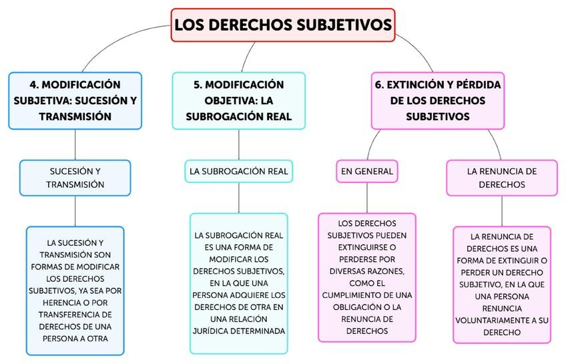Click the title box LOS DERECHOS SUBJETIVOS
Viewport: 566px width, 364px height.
click(x=283, y=25)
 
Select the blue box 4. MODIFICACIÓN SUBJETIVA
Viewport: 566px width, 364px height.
click(x=75, y=100)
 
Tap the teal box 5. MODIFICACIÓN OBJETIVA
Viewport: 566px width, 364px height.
click(x=238, y=100)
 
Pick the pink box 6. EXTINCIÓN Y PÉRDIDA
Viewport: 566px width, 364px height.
click(x=437, y=100)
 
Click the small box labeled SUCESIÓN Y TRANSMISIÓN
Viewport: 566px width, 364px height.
click(x=75, y=178)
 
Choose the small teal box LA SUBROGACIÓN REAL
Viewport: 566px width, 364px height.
click(x=238, y=172)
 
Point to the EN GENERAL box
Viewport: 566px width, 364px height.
click(x=366, y=172)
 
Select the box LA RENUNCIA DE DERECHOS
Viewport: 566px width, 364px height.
click(x=502, y=178)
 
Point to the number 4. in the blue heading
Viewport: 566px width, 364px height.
click(x=35, y=85)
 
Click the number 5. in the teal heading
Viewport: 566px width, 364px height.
click(x=198, y=85)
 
